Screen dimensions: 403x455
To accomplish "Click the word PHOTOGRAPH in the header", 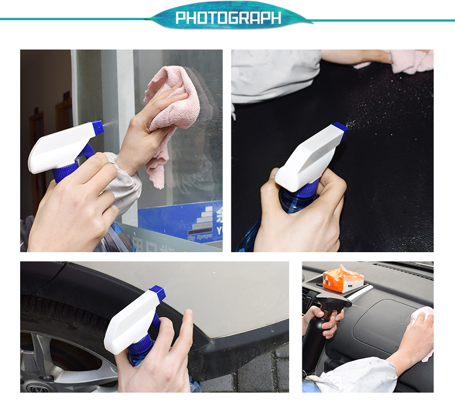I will click(x=228, y=18).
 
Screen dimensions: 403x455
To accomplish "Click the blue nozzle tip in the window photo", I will click(x=98, y=127).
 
